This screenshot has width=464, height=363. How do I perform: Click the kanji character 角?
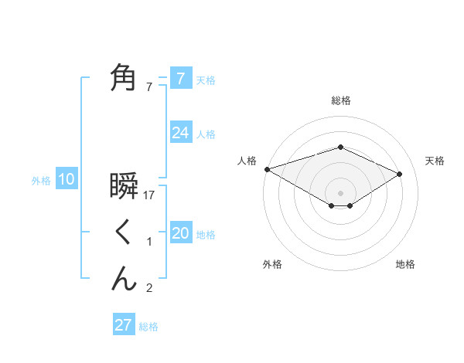pyautogui.click(x=124, y=78)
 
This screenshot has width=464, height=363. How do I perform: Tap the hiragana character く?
pyautogui.click(x=124, y=232)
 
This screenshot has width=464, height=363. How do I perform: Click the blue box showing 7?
pyautogui.click(x=180, y=78)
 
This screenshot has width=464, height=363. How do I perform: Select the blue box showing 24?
pyautogui.click(x=180, y=133)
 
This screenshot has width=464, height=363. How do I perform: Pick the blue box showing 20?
pyautogui.click(x=180, y=233)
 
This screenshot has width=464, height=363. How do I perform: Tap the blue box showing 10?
pyautogui.click(x=67, y=179)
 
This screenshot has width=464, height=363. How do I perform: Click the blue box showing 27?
pyautogui.click(x=124, y=324)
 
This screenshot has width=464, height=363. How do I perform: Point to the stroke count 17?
pyautogui.click(x=150, y=195)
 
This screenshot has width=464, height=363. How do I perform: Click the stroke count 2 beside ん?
pyautogui.click(x=149, y=289)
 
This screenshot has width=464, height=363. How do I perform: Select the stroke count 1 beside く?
pyautogui.click(x=149, y=243)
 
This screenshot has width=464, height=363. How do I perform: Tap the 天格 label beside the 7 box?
pyautogui.click(x=206, y=80)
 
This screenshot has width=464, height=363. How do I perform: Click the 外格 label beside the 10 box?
pyautogui.click(x=41, y=181)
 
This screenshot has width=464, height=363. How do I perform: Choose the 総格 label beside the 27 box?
pyautogui.click(x=148, y=326)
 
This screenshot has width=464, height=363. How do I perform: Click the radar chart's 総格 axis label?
pyautogui.click(x=341, y=100)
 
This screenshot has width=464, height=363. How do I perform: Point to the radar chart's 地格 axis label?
pyautogui.click(x=405, y=265)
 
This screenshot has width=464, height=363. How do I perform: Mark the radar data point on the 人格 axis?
pyautogui.click(x=267, y=169)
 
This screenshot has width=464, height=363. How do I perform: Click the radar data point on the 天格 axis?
pyautogui.click(x=400, y=174)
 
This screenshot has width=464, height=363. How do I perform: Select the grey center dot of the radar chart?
pyautogui.click(x=341, y=192)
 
